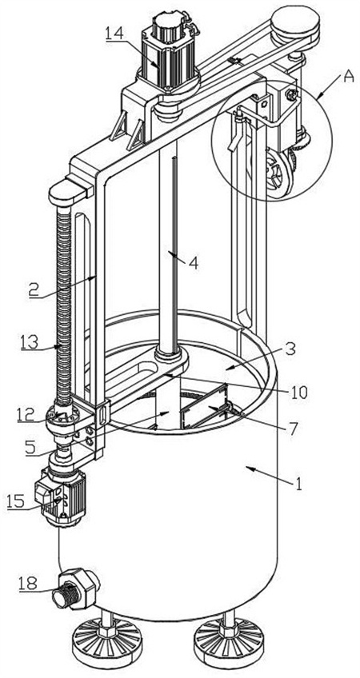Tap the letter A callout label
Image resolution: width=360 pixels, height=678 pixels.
tap(348, 76)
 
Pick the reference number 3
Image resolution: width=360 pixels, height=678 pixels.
tap(290, 349)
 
